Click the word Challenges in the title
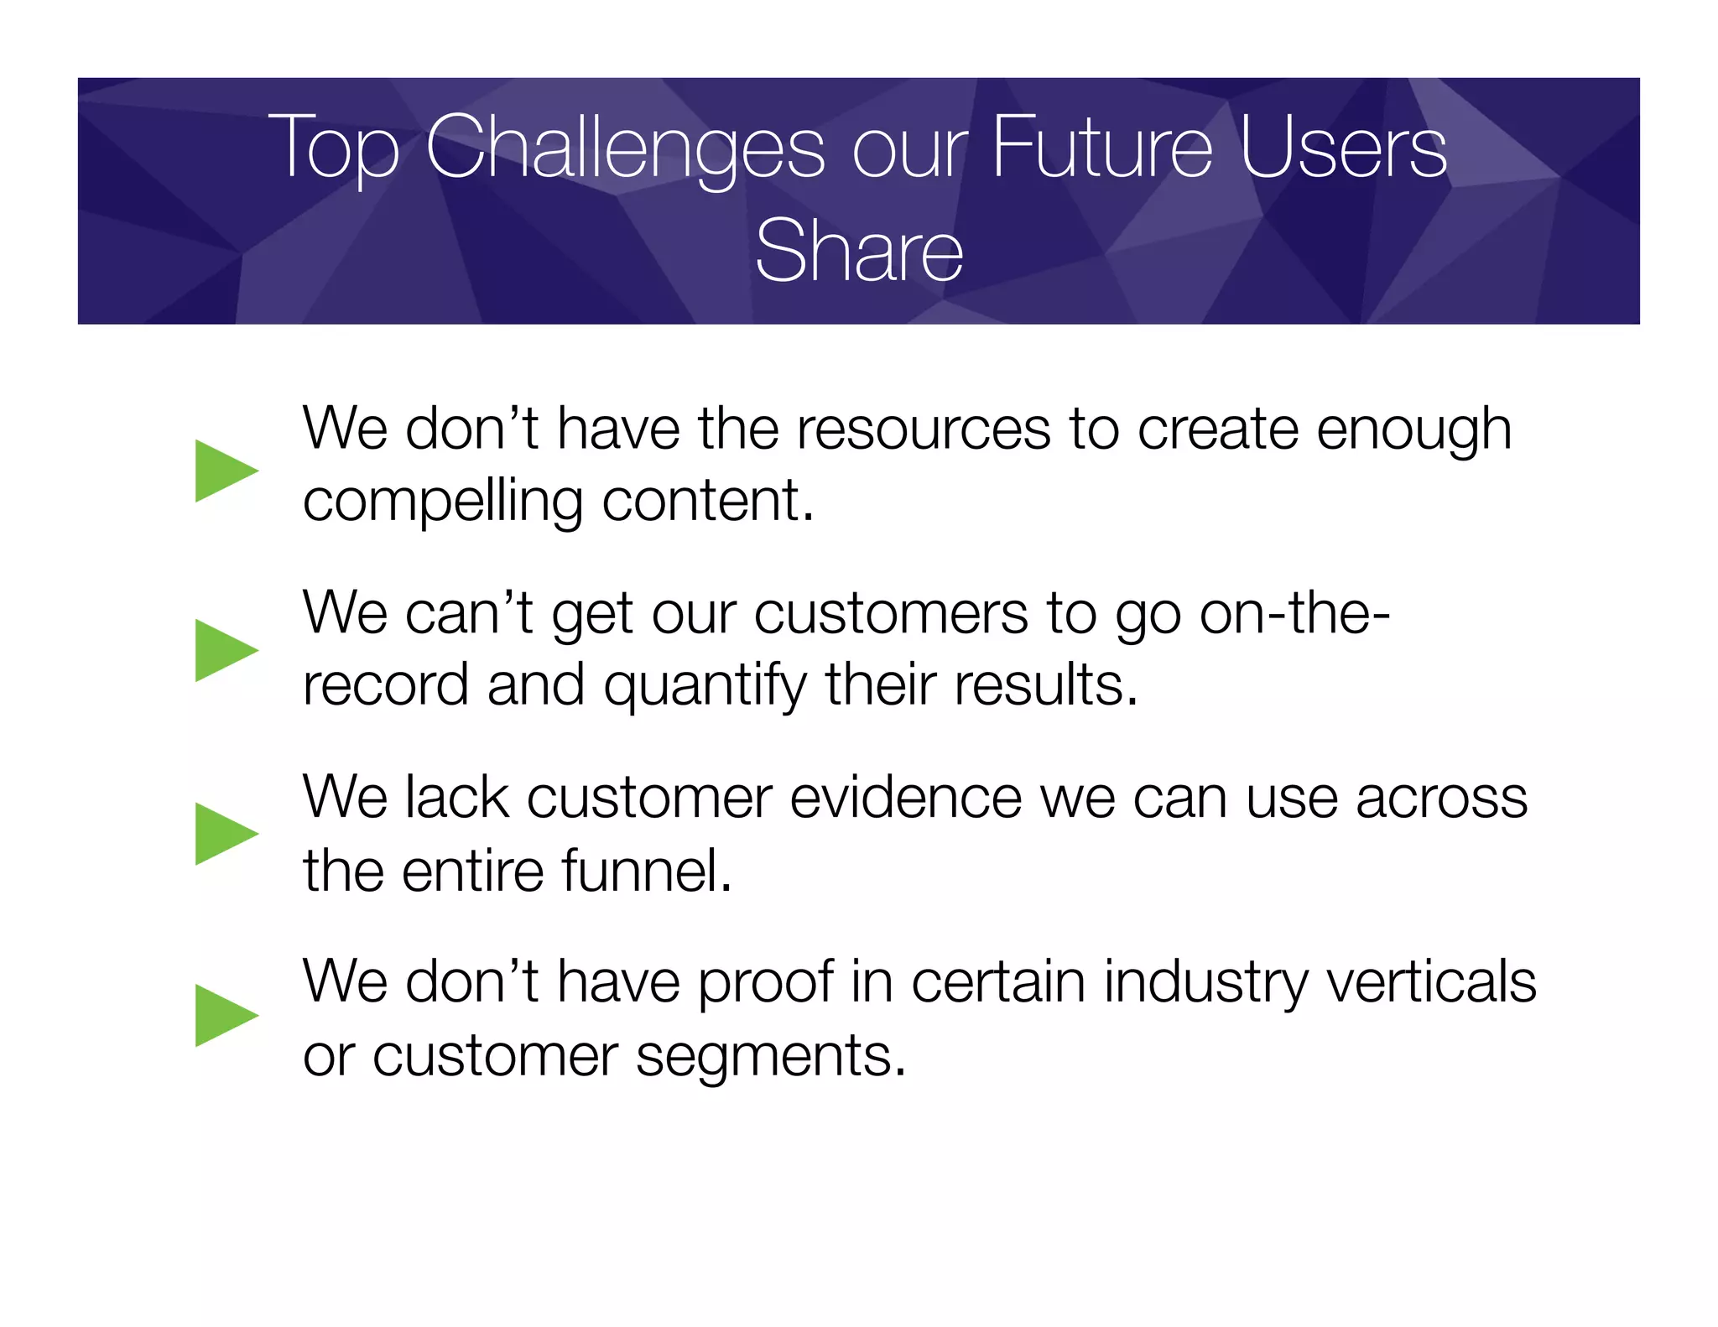(625, 148)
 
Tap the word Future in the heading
(1102, 148)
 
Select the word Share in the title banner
(858, 250)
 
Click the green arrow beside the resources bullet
(224, 471)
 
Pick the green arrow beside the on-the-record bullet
(224, 650)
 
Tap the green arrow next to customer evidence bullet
(224, 834)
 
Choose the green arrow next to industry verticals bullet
(224, 1016)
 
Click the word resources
(923, 429)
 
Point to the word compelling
(442, 502)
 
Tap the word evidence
(905, 798)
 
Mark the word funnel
(647, 871)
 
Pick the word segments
(770, 1056)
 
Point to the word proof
(765, 983)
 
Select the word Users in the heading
(1342, 148)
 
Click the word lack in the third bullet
(456, 798)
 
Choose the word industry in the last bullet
(1205, 983)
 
